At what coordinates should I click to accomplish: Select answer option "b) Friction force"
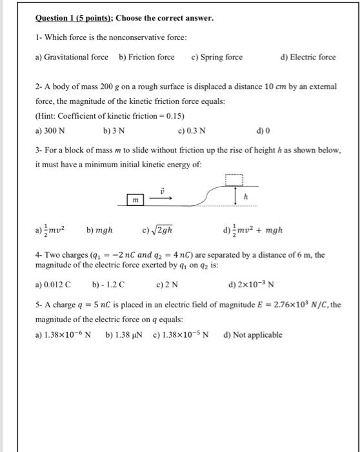146,57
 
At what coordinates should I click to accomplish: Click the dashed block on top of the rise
235,179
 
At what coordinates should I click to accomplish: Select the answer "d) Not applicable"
252,335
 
